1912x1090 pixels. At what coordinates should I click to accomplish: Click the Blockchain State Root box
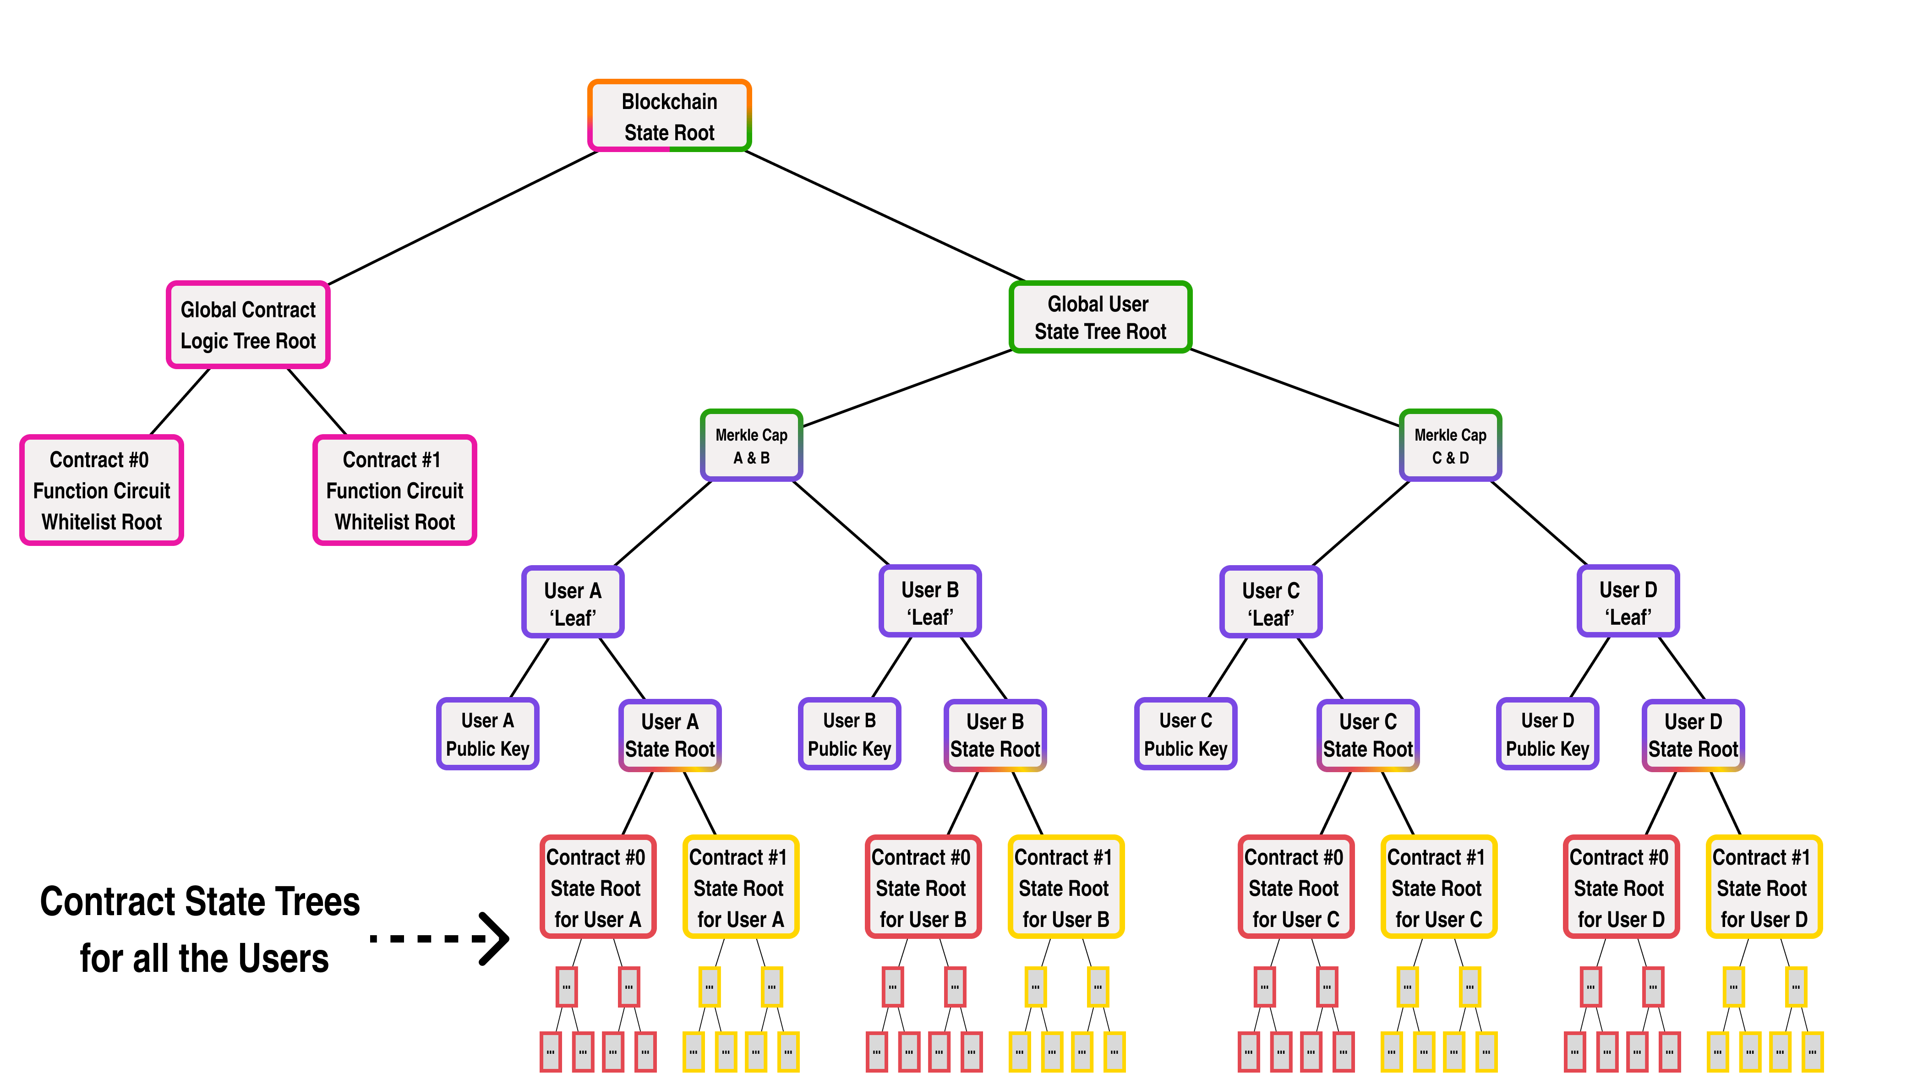pos(669,116)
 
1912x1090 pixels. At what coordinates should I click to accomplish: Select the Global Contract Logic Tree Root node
pos(248,325)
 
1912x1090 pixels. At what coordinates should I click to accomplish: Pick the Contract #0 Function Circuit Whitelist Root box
pos(102,490)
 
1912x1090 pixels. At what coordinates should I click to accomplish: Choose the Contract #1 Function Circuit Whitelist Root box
pos(394,490)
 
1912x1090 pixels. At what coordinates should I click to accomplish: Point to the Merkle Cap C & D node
pos(1450,446)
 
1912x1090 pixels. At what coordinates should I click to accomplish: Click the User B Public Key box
pos(849,735)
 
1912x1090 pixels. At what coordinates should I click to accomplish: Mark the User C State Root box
pos(1368,736)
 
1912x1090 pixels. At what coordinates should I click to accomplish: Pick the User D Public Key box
pos(1547,735)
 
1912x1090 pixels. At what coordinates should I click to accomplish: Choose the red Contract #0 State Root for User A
pos(597,887)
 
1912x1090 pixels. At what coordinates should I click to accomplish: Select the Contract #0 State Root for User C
pos(1295,887)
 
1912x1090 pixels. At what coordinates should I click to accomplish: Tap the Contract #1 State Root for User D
pos(1763,887)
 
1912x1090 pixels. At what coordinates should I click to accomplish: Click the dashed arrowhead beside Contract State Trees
pos(494,938)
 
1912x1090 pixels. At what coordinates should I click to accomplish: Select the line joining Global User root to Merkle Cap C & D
pos(1295,388)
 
